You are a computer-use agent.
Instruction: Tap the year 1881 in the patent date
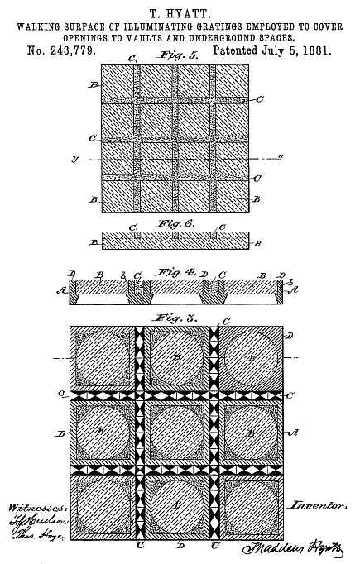point(314,50)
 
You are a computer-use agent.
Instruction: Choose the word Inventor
point(318,504)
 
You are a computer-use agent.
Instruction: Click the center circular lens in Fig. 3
point(178,433)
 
